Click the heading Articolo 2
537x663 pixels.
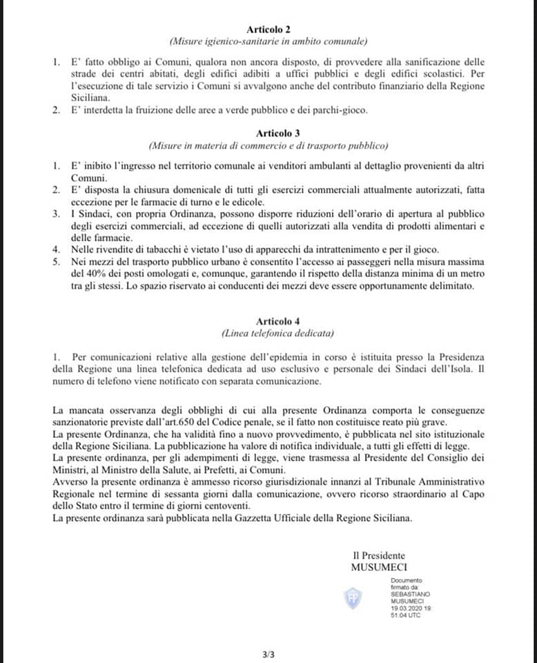click(x=268, y=29)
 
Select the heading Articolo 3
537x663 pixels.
click(x=268, y=132)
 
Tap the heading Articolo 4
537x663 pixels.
click(x=268, y=321)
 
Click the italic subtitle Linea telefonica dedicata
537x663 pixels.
click(x=268, y=334)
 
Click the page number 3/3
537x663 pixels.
click(x=268, y=653)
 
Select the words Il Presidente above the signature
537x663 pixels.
click(x=379, y=555)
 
